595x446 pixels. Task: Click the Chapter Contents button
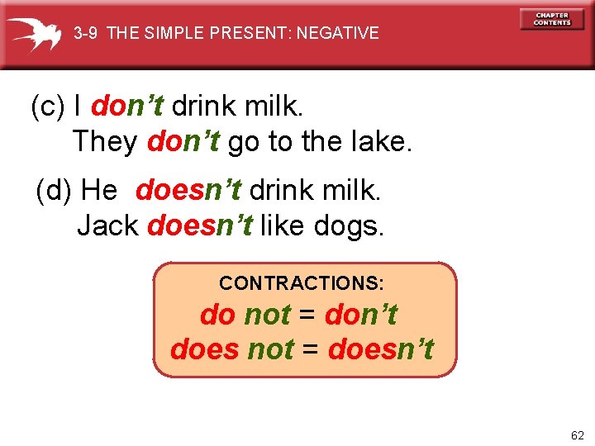[x=552, y=19]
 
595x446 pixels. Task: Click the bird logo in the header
[x=35, y=34]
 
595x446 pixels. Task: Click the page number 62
[x=576, y=434]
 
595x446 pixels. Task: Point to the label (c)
[x=48, y=107]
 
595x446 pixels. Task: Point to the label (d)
[x=55, y=191]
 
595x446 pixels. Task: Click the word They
[x=105, y=142]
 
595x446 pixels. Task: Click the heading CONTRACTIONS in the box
[x=302, y=283]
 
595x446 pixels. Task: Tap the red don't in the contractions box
[x=361, y=315]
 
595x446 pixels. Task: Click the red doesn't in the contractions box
[x=380, y=349]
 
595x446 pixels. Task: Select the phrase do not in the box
[x=245, y=315]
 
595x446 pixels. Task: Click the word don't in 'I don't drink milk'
[x=127, y=107]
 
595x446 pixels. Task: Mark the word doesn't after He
[x=188, y=191]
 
